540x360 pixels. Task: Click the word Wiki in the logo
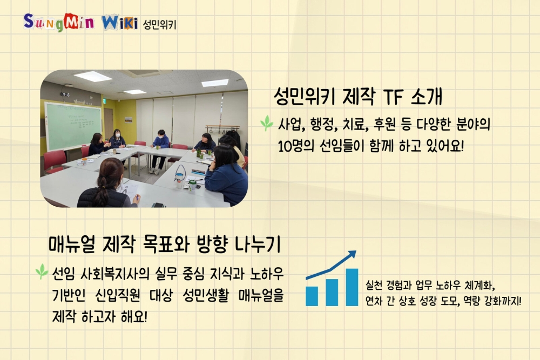(119, 22)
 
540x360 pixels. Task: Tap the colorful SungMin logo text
(59, 23)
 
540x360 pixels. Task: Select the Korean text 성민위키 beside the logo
(159, 24)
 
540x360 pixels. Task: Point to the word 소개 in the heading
(427, 97)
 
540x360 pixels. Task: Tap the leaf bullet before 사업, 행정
(267, 123)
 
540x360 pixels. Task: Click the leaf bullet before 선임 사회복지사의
(42, 271)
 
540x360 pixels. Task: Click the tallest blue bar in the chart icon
(352, 287)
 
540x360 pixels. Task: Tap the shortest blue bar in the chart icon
(312, 296)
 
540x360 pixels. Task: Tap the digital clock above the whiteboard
(65, 94)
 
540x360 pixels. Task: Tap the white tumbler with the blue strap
(179, 177)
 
